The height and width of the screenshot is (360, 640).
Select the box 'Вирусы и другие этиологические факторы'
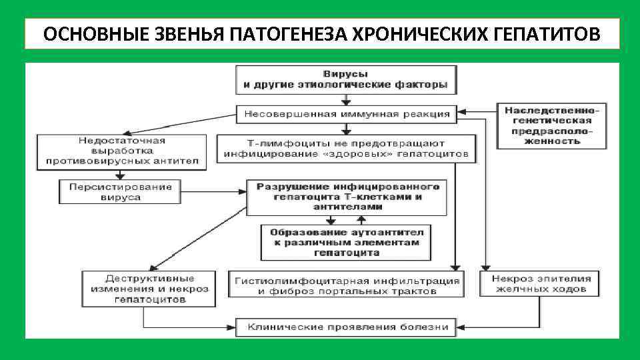345,79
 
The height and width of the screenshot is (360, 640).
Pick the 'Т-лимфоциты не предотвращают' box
347,148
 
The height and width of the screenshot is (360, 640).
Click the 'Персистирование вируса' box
121,192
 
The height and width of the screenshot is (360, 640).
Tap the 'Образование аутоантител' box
346,242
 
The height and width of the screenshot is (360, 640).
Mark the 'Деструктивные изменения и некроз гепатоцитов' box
148,289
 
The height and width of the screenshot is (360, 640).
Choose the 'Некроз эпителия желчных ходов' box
540,283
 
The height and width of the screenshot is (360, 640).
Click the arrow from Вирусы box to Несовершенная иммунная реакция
345,100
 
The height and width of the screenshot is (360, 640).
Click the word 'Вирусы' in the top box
345,74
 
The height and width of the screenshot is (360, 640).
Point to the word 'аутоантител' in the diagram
387,232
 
